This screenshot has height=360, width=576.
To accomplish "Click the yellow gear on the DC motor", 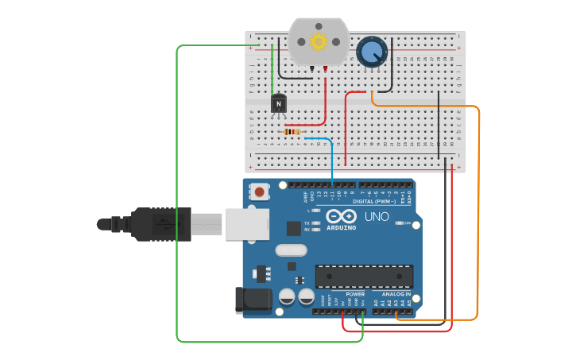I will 319,42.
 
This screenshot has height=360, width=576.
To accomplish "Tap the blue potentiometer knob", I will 371,52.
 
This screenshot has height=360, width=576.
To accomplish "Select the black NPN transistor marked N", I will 278,103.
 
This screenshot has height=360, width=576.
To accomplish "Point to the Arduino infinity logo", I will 340,216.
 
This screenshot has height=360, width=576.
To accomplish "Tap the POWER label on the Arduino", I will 355,294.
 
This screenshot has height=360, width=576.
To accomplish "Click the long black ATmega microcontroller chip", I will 364,276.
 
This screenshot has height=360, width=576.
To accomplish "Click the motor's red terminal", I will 325,70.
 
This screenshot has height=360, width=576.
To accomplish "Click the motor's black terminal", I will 312,70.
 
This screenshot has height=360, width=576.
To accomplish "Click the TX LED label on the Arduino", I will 308,223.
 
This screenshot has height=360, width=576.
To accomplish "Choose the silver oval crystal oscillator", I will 291,250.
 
